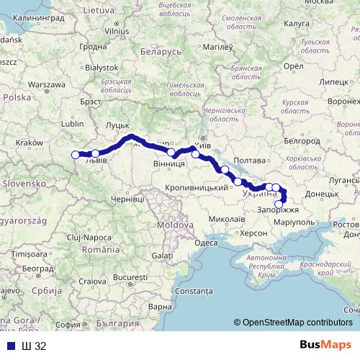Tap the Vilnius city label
click(x=117, y=32)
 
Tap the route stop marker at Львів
click(x=95, y=153)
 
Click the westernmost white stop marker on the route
click(x=76, y=153)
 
